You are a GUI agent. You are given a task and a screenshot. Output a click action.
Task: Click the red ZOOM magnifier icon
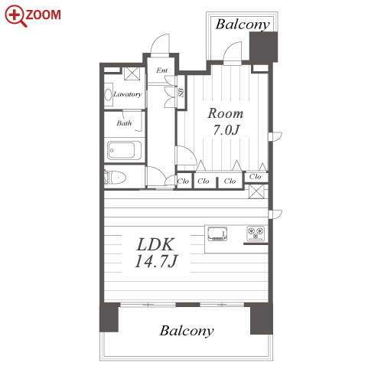click(x=16, y=16)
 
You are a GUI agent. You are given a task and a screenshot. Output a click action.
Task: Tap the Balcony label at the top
click(x=243, y=25)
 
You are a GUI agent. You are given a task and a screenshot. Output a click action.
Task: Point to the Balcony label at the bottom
click(x=187, y=331)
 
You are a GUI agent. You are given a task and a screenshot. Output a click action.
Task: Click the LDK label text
click(x=156, y=244)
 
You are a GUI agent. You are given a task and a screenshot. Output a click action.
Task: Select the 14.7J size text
click(x=156, y=261)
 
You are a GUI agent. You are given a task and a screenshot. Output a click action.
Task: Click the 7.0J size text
click(x=226, y=129)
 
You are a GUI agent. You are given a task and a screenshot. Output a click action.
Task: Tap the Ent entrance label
click(x=162, y=70)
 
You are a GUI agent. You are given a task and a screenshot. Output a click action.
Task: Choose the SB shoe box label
click(x=181, y=93)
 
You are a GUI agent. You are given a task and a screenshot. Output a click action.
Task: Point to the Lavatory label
click(x=128, y=94)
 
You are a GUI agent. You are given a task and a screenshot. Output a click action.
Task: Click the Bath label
click(x=124, y=123)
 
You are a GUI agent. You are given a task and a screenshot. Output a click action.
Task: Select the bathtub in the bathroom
click(x=124, y=150)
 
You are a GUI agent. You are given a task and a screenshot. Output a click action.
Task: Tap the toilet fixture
click(x=116, y=177)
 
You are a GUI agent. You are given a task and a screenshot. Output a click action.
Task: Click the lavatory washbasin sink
click(x=108, y=94)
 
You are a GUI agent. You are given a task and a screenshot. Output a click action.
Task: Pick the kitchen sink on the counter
click(x=217, y=234)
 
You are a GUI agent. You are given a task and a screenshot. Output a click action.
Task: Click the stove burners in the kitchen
click(x=256, y=234)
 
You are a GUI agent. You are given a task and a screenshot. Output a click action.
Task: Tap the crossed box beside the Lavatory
click(x=132, y=74)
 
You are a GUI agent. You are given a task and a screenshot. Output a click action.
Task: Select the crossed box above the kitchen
click(x=256, y=191)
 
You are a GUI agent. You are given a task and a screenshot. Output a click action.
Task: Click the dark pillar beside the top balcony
click(x=263, y=47)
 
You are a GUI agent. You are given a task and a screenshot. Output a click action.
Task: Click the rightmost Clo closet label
click(x=255, y=176)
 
